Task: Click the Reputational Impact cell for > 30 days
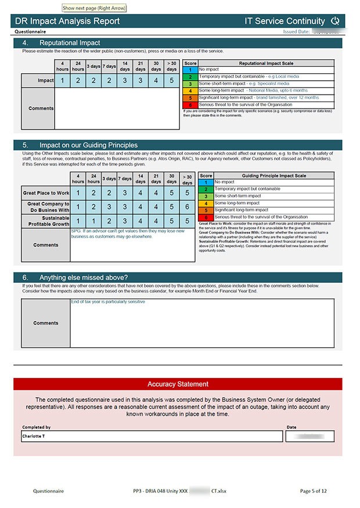[171, 81]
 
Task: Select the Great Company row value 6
[187, 206]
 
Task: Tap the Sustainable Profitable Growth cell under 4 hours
[78, 221]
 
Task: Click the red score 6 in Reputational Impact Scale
[190, 105]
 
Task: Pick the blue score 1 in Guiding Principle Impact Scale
[206, 182]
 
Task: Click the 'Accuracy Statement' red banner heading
[178, 384]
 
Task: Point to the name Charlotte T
[34, 435]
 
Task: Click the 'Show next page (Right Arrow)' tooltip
[94, 8]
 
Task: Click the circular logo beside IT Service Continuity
[334, 21]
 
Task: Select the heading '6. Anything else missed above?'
[84, 278]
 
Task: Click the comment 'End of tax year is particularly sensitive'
[108, 302]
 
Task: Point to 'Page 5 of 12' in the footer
[314, 491]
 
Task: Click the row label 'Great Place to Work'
[46, 193]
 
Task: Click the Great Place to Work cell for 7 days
[124, 193]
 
